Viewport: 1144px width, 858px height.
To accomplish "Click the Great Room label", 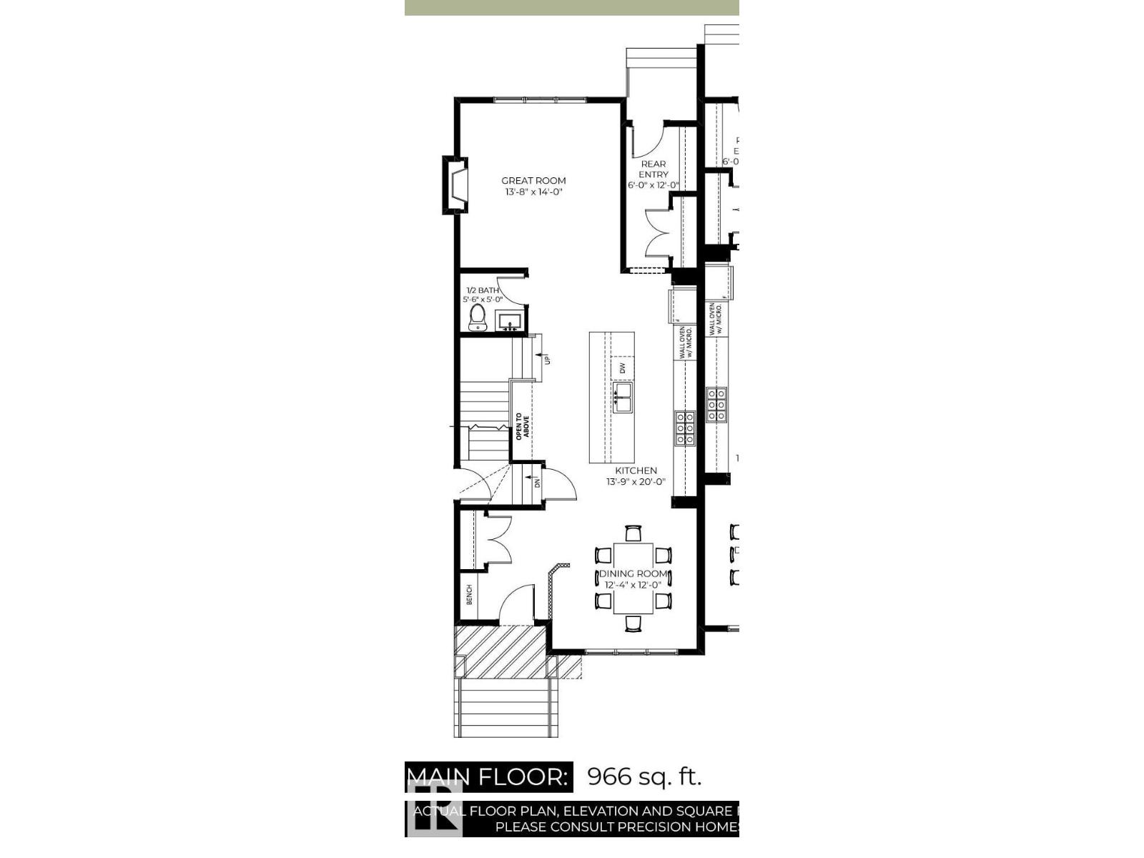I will point(533,181).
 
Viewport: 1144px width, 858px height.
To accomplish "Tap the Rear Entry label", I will point(654,169).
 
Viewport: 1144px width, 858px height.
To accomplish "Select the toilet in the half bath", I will point(477,317).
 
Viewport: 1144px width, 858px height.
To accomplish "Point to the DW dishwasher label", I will point(622,368).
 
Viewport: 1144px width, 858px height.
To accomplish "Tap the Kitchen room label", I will point(636,470).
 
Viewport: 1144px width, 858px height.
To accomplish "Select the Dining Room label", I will point(633,573).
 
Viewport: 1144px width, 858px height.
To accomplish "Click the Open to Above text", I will point(523,427).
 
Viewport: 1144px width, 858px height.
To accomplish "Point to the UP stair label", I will point(548,359).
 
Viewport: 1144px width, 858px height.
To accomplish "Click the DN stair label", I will point(537,483).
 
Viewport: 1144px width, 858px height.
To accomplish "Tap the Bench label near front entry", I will point(470,594).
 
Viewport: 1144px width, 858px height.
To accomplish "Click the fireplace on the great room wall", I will point(456,184).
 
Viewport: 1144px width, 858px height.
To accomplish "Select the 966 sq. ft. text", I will point(644,776).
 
